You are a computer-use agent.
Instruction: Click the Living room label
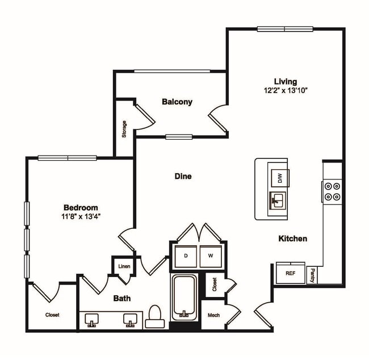click(286, 81)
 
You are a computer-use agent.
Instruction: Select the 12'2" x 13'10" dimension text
click(286, 90)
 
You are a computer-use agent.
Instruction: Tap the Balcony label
click(177, 102)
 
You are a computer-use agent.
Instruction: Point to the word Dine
click(183, 176)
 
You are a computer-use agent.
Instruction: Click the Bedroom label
click(81, 207)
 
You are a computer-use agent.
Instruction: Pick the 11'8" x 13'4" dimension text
click(81, 216)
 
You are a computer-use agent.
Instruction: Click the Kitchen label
click(293, 238)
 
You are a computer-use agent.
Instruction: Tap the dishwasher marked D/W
click(279, 178)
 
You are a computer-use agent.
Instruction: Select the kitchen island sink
click(278, 200)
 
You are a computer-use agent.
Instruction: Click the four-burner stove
click(332, 191)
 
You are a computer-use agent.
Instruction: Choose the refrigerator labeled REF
click(290, 273)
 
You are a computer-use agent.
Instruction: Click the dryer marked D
click(185, 256)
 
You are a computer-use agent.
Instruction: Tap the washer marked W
click(211, 256)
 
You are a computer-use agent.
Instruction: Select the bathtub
click(184, 297)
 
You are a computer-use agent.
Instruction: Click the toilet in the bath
click(154, 319)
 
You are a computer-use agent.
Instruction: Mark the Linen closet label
click(123, 266)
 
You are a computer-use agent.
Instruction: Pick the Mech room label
click(213, 315)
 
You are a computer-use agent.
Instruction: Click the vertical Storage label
click(124, 129)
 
